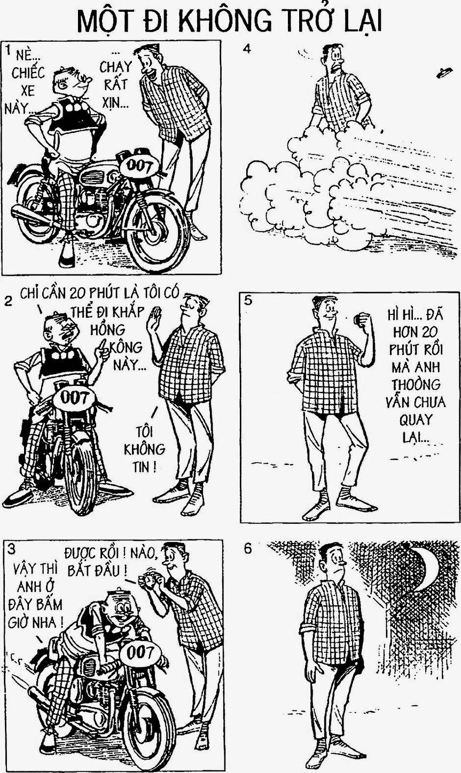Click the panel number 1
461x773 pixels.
[7, 51]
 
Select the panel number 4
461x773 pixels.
[247, 49]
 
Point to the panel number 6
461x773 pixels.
[248, 549]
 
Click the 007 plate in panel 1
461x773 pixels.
[139, 167]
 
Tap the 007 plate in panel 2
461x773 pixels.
[75, 398]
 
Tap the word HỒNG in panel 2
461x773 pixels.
[107, 329]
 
